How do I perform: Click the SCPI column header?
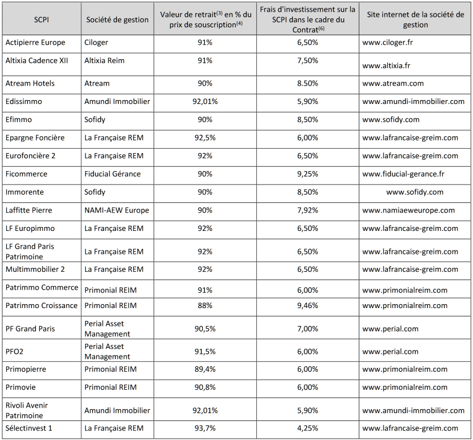(x=41, y=20)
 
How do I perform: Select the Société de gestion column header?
(x=118, y=20)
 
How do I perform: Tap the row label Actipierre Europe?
(x=35, y=42)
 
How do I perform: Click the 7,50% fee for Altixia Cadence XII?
(x=308, y=60)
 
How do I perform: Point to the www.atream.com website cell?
(x=393, y=83)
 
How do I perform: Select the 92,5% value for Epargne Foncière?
(x=205, y=138)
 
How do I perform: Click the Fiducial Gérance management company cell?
(x=113, y=174)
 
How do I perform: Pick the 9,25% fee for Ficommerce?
(x=308, y=174)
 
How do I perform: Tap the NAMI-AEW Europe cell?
(x=117, y=210)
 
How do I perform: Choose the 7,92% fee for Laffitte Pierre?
(x=308, y=210)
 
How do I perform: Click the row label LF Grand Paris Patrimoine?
(x=30, y=252)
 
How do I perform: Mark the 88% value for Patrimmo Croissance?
(x=205, y=305)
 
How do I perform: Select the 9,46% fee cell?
(x=308, y=305)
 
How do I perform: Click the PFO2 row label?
(x=15, y=352)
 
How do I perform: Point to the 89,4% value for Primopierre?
(x=205, y=369)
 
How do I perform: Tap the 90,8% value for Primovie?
(x=205, y=387)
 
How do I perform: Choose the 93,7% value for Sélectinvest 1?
(x=205, y=428)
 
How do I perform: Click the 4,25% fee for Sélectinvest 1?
(x=308, y=428)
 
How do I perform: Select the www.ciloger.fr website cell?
(x=387, y=42)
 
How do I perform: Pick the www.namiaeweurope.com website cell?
(x=409, y=210)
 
